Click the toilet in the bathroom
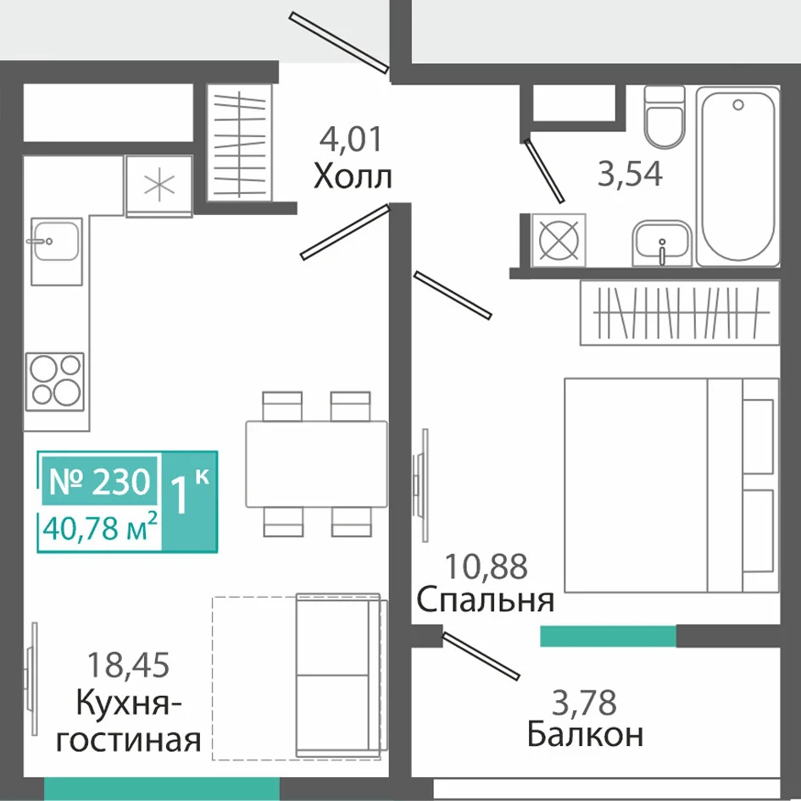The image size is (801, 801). click(x=664, y=117)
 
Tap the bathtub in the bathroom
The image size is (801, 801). click(x=737, y=176)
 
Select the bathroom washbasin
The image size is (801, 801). click(x=662, y=243)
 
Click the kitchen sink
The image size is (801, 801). click(x=56, y=251)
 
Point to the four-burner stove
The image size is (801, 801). click(x=55, y=381)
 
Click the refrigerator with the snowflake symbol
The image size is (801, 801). click(x=159, y=186)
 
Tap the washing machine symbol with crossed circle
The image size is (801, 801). click(x=559, y=240)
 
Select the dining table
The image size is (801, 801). click(x=316, y=464)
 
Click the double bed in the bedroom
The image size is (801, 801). click(x=671, y=485)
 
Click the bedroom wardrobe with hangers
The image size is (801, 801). click(x=681, y=312)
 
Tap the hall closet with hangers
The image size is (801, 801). click(x=239, y=142)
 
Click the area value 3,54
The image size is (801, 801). click(x=630, y=174)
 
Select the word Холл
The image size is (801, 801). click(x=353, y=176)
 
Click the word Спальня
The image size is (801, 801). click(x=486, y=599)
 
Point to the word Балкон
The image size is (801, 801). click(x=585, y=735)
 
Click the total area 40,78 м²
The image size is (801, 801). click(x=100, y=528)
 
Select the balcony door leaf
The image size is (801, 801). click(x=481, y=656)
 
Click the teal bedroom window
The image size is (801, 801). click(x=609, y=636)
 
